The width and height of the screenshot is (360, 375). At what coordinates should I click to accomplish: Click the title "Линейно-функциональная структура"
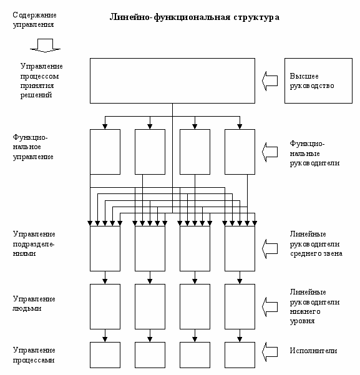pos(195,17)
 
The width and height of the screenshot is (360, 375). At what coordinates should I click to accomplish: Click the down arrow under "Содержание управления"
pos(45,46)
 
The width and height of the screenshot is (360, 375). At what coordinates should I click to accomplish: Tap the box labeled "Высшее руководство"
pos(318,81)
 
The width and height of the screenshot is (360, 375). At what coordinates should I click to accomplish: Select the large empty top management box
pos(172,81)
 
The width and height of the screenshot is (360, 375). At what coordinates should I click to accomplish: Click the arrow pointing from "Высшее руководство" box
pos(270,81)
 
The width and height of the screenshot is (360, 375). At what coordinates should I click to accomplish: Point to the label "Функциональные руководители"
pos(314,153)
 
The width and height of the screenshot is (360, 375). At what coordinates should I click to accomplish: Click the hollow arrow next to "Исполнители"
pos(270,352)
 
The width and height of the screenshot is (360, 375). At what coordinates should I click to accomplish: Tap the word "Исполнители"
pos(313,351)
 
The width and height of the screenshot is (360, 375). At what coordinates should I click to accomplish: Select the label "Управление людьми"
pos(34,303)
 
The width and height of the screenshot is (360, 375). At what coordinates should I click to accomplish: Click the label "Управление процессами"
pos(34,355)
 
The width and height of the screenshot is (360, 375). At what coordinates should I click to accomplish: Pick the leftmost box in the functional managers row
pos(105,152)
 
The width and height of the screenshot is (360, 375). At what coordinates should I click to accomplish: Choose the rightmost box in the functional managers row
pos(240,152)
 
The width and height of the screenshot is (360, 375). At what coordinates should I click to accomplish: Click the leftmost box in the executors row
pos(105,355)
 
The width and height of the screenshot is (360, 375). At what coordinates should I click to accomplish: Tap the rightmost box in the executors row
pos(240,355)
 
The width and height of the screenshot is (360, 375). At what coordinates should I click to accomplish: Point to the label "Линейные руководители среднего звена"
pos(316,244)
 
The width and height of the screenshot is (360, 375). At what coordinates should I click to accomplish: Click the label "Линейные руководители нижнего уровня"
pos(314,306)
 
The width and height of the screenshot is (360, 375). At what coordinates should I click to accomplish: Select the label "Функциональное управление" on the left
pos(33,147)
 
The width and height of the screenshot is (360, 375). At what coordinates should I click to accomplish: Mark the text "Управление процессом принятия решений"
pos(41,80)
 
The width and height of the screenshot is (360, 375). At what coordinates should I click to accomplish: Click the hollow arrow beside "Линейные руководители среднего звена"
pos(270,248)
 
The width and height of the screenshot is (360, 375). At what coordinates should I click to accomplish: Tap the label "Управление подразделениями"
pos(34,244)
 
